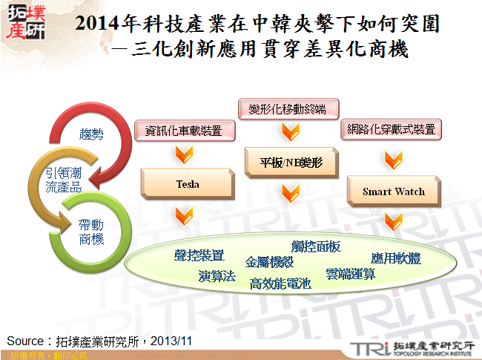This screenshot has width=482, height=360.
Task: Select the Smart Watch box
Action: [x=393, y=192]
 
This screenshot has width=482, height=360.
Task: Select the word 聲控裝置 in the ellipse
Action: [x=199, y=255]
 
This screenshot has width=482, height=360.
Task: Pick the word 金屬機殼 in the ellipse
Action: [x=269, y=262]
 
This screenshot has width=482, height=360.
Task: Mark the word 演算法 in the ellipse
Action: [x=217, y=276]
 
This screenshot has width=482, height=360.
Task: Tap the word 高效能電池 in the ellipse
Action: [x=280, y=283]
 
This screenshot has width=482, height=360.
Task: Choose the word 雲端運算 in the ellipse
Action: [x=350, y=273]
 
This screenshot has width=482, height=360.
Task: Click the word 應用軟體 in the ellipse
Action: [x=395, y=258]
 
